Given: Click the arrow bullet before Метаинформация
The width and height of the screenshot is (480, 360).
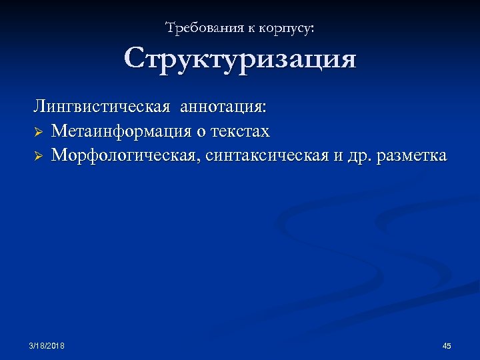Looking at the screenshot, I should click(39, 132).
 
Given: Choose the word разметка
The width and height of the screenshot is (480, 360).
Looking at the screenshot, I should click(412, 156).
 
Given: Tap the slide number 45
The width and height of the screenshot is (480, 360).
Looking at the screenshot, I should click(447, 345).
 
